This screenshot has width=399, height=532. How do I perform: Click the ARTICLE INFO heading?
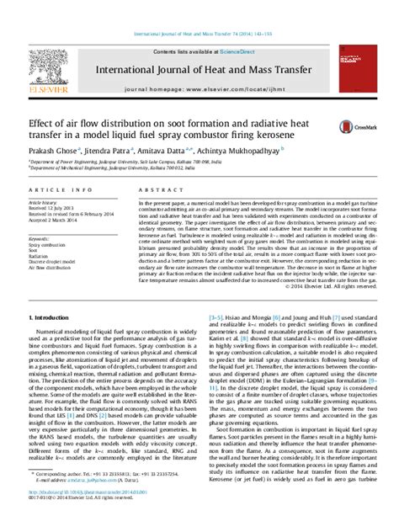(51, 191)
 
